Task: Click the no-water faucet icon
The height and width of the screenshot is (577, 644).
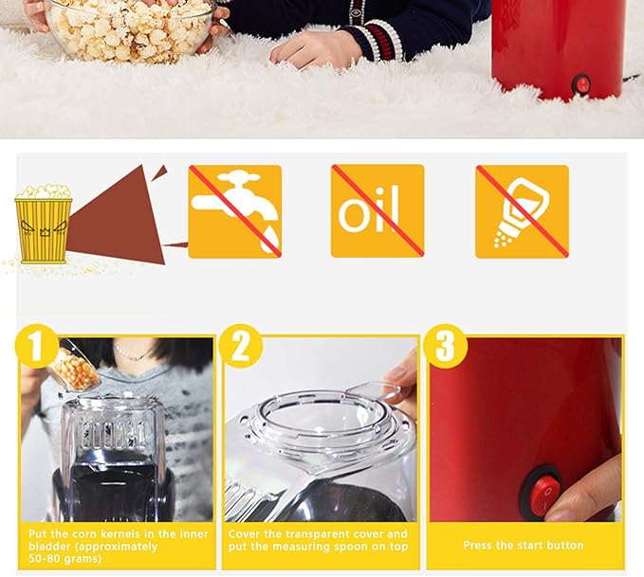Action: (235, 212)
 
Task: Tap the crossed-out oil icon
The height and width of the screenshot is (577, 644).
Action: (377, 211)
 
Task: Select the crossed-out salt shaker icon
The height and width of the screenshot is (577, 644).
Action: (522, 212)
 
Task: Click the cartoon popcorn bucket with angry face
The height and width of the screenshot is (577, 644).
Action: (43, 224)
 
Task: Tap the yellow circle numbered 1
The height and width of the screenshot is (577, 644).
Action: (37, 346)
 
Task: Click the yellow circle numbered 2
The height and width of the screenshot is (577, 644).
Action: (240, 346)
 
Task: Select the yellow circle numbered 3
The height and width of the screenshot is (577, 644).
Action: (445, 346)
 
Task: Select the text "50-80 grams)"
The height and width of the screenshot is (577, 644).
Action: (64, 559)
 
